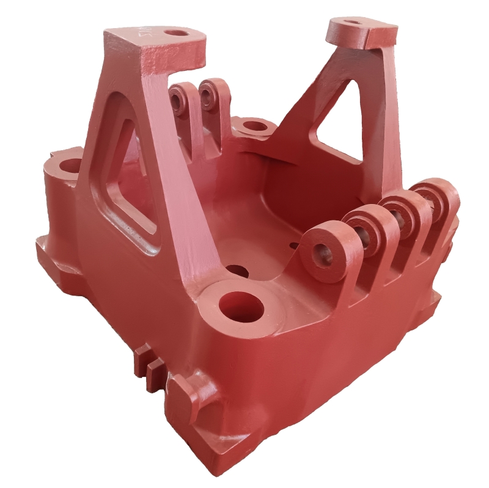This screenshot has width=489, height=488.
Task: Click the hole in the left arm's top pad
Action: click(x=178, y=32)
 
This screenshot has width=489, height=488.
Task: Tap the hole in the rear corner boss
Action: click(x=255, y=128)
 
